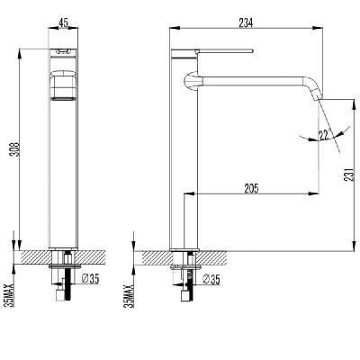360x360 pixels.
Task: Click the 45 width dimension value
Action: click(x=63, y=22)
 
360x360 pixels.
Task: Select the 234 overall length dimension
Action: click(x=246, y=22)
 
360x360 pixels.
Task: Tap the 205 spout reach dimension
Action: click(x=251, y=188)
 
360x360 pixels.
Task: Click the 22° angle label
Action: click(x=325, y=134)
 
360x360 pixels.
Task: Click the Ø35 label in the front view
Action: click(x=90, y=279)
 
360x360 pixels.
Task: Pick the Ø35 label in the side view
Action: click(x=211, y=279)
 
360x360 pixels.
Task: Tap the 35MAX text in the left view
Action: click(x=11, y=295)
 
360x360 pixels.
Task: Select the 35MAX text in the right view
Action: click(x=130, y=295)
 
